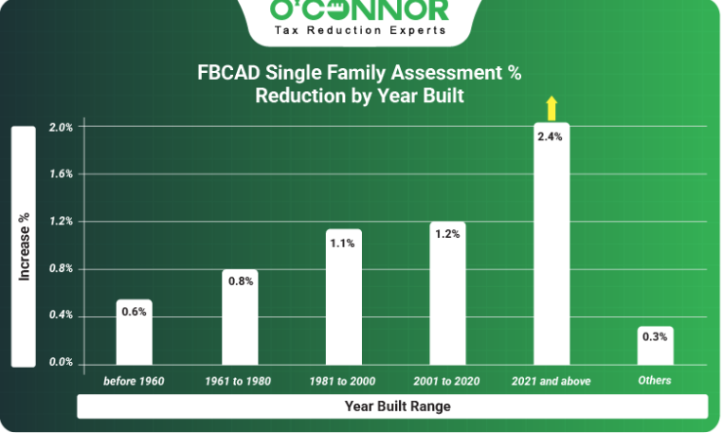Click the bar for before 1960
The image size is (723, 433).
click(x=135, y=332)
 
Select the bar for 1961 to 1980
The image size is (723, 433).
click(x=240, y=317)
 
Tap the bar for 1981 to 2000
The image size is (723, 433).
click(x=344, y=297)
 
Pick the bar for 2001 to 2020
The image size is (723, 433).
click(x=447, y=294)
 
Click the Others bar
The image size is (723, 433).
click(x=656, y=346)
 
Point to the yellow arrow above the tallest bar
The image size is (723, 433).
click(x=551, y=108)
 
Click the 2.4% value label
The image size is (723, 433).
click(x=551, y=136)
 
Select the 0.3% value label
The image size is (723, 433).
click(x=655, y=336)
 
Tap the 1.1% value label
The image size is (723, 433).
click(x=343, y=243)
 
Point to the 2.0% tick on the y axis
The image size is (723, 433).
click(x=62, y=127)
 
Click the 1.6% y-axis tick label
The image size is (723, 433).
click(x=62, y=173)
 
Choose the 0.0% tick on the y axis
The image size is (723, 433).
click(x=62, y=362)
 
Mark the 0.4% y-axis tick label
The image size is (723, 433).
click(x=62, y=315)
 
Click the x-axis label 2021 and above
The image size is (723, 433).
click(x=551, y=381)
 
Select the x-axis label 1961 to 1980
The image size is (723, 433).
click(x=238, y=381)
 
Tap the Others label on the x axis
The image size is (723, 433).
click(x=655, y=381)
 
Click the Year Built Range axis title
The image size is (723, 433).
click(x=397, y=406)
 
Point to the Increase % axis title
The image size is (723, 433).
click(x=24, y=246)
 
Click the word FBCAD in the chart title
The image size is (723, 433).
click(x=228, y=73)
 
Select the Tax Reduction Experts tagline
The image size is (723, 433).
click(x=361, y=30)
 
